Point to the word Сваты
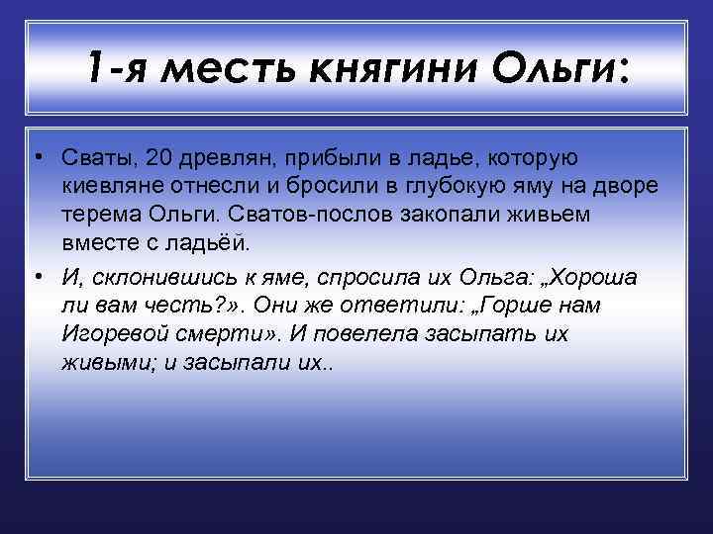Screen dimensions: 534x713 click(95, 158)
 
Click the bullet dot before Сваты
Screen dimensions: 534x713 click(35, 158)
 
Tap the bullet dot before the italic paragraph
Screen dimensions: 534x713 click(35, 278)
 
